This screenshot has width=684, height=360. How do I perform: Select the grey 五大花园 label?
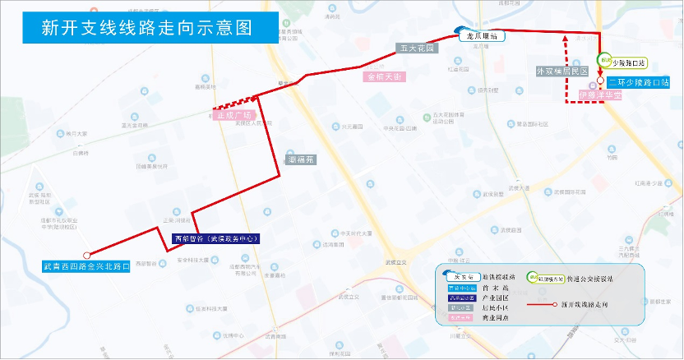point(417,48)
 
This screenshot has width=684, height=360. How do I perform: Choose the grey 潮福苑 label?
point(302,160)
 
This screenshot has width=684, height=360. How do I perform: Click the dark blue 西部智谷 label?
point(216,238)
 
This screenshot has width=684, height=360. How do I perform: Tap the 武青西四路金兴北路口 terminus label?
point(86,266)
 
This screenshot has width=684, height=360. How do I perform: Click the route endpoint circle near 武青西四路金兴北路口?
point(86,255)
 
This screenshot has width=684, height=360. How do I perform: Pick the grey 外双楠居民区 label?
point(562,72)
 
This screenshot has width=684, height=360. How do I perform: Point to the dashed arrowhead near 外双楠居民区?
point(565,37)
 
